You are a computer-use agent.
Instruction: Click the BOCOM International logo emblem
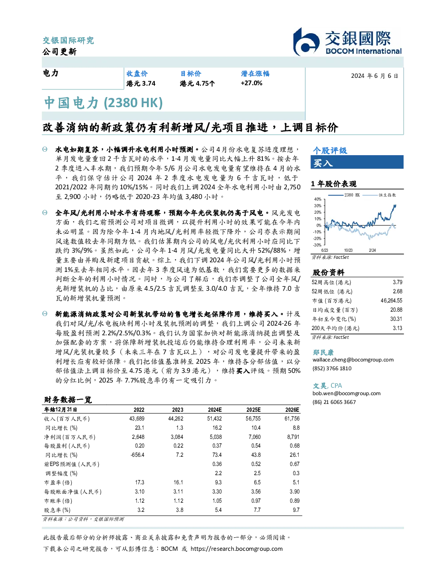click(306, 42)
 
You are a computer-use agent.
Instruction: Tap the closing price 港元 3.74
click(141, 83)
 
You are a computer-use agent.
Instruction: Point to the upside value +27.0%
click(251, 83)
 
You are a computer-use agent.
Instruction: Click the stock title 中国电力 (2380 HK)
click(103, 103)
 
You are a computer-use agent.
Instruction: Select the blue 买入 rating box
click(357, 162)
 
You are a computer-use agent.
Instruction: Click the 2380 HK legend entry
click(344, 195)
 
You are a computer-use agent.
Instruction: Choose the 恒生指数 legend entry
click(380, 195)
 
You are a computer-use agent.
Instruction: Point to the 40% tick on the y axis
click(318, 199)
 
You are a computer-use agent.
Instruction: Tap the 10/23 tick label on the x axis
click(348, 250)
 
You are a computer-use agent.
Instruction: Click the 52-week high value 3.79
click(397, 282)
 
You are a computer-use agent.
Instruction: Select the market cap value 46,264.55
click(391, 301)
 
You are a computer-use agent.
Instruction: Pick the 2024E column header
click(215, 410)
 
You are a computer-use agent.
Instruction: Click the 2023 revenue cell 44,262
click(176, 419)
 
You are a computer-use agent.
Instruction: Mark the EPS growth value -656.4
click(137, 455)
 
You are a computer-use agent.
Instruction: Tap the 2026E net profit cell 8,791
click(293, 437)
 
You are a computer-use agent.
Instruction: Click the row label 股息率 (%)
click(57, 510)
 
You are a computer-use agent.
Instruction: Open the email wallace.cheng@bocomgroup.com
click(353, 360)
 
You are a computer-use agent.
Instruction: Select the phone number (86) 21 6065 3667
click(334, 402)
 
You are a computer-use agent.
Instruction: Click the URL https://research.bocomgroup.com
click(237, 549)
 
